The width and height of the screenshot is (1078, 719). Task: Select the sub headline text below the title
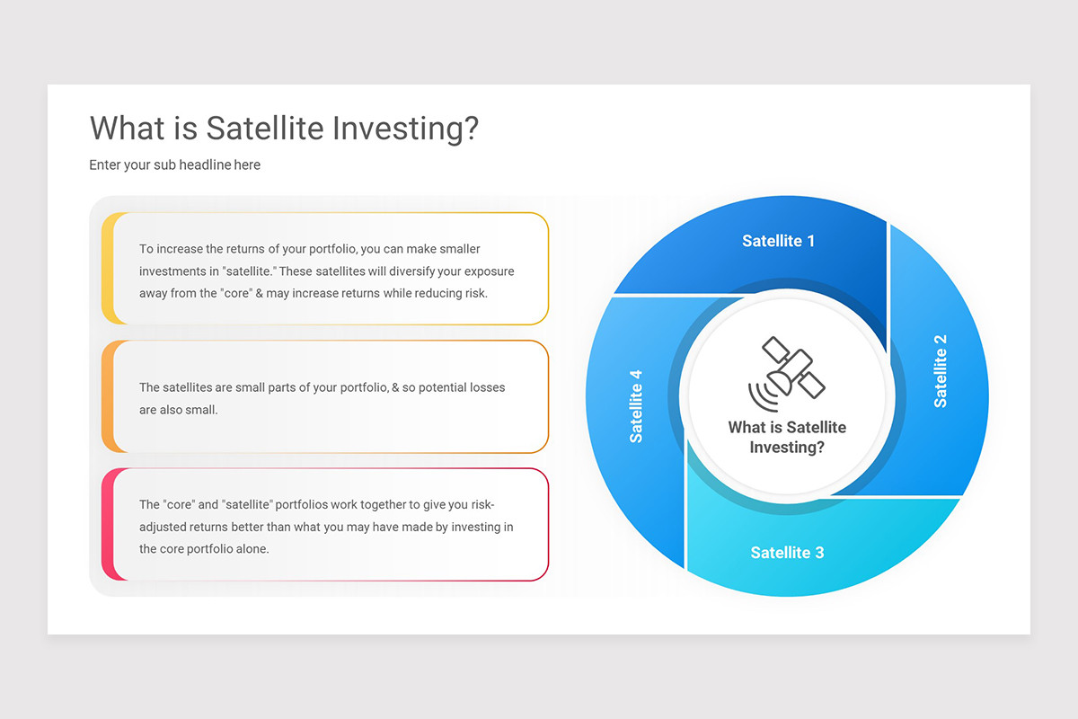[174, 165]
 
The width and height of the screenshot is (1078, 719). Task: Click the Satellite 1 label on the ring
[778, 241]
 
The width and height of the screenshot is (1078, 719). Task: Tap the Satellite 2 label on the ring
[941, 370]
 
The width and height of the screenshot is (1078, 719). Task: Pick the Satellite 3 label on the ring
[787, 553]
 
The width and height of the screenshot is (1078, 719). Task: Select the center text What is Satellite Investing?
[787, 437]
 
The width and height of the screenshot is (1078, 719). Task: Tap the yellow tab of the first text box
[107, 269]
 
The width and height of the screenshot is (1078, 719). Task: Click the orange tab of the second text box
[107, 396]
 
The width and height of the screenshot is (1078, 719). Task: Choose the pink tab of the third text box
[107, 525]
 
